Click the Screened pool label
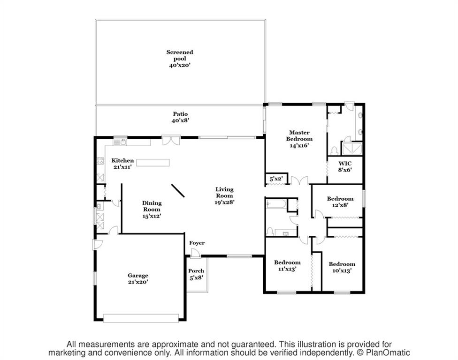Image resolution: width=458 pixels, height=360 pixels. click(180, 59)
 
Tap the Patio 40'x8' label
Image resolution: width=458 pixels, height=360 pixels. click(180, 117)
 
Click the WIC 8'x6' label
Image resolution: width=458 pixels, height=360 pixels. click(345, 166)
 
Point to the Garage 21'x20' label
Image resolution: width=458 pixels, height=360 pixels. click(138, 278)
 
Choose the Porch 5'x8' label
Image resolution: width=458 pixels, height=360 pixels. click(196, 274)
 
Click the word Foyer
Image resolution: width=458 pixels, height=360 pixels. click(197, 243)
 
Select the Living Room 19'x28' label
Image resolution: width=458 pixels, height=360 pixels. click(225, 196)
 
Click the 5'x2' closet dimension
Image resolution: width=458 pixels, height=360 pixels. click(276, 179)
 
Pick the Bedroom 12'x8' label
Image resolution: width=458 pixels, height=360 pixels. click(340, 202)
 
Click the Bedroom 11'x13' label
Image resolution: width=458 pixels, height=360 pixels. click(287, 265)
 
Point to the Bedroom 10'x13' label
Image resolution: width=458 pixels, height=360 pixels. click(342, 267)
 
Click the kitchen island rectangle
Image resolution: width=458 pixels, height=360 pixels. click(153, 163)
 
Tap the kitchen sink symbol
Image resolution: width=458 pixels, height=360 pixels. click(120, 142)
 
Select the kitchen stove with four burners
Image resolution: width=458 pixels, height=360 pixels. click(100, 161)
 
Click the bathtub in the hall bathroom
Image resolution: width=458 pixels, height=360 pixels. click(276, 203)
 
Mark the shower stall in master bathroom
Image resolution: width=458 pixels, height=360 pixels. click(352, 149)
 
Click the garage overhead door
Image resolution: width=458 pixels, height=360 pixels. click(141, 318)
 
